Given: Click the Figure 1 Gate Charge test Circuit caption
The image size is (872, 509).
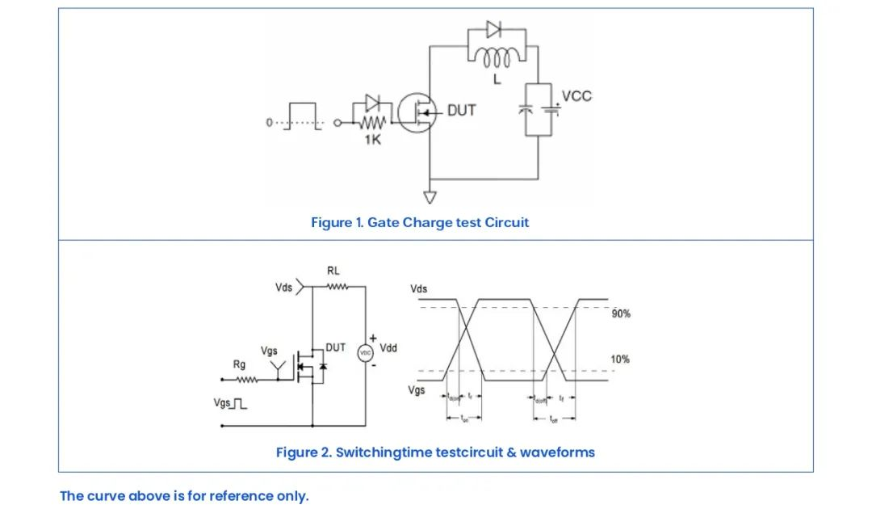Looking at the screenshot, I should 420,222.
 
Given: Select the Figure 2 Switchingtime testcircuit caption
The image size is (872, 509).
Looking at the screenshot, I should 435,452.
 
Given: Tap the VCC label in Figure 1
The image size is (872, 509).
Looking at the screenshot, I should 576,96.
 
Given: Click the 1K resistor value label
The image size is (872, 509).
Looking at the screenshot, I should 373,140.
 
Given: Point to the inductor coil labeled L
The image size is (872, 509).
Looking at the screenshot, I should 497,58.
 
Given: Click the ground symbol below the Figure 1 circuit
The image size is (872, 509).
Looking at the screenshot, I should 430,196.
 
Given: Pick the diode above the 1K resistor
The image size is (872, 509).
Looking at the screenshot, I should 372,103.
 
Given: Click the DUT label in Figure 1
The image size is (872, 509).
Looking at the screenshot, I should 461,111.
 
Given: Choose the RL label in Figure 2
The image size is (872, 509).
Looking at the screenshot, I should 333,271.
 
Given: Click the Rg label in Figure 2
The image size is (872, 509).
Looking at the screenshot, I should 239,364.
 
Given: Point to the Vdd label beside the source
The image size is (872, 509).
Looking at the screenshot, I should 388,348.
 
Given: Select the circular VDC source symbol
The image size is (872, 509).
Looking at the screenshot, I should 365,354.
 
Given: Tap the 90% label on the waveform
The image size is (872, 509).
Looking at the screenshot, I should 620,313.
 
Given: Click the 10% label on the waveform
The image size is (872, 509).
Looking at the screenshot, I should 620,360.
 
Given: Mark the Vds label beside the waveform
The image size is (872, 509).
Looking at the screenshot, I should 419,288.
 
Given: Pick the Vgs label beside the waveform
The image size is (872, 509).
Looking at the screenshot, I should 417,390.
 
